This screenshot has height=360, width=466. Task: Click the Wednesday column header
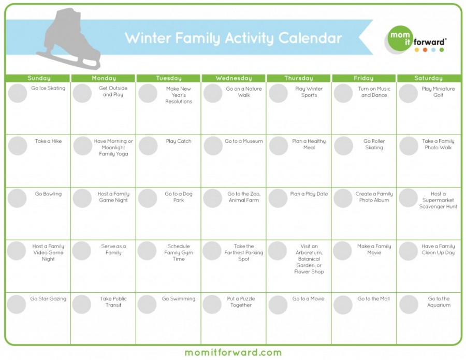click(234, 78)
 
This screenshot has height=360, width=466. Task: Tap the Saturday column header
click(428, 78)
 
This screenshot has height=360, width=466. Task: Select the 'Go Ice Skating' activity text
click(48, 89)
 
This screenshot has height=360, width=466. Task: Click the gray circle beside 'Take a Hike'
click(18, 146)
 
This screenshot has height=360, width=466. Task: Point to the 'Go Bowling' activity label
click(48, 194)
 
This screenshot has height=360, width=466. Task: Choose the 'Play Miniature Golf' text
click(438, 92)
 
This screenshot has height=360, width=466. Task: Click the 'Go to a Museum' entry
click(244, 141)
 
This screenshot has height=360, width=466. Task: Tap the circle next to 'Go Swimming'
click(148, 304)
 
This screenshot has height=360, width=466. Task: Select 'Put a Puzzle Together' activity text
click(241, 302)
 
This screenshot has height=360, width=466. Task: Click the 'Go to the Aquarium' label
click(439, 302)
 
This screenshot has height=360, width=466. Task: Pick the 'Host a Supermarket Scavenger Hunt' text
click(438, 200)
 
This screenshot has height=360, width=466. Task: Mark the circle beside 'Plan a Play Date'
click(278, 198)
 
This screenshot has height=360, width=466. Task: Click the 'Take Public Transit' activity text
click(113, 302)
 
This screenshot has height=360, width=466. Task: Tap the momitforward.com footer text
click(233, 353)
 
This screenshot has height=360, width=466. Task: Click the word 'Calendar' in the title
click(310, 38)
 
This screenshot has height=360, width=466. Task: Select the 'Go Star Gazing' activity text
click(48, 299)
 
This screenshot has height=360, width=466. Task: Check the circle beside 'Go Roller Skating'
click(343, 146)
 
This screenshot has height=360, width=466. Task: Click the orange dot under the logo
click(425, 50)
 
